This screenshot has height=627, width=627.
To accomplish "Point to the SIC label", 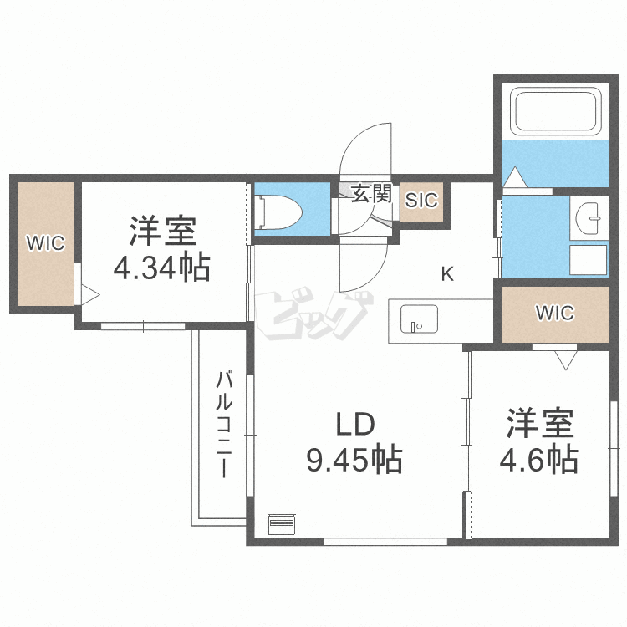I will [421, 201].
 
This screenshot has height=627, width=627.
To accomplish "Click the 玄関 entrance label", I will [370, 195].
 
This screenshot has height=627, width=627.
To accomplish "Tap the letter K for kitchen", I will [447, 273].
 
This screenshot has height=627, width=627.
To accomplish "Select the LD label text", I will [354, 425].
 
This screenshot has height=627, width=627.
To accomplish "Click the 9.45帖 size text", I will [354, 459].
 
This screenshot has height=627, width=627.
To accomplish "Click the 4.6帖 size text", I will [539, 459].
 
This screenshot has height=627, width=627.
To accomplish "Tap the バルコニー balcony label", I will [224, 423].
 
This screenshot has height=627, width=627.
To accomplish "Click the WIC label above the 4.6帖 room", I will [554, 313].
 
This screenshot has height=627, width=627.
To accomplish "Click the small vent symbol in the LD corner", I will [282, 524].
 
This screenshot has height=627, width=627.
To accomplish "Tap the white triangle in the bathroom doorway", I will [514, 178].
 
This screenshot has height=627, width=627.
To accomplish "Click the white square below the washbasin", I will [589, 260].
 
